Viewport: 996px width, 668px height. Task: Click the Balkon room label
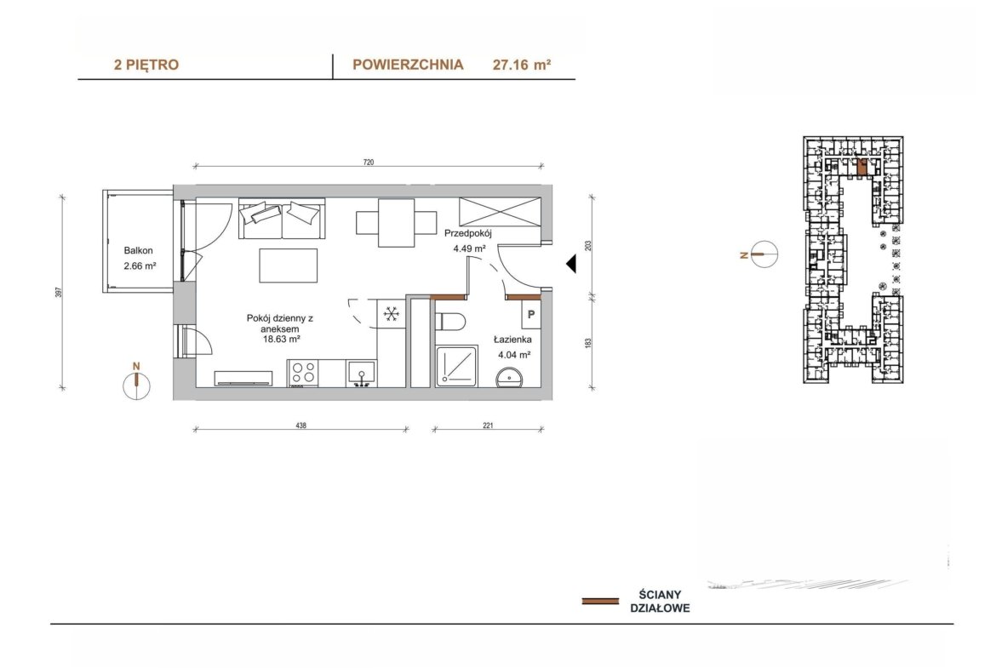tap(139, 251)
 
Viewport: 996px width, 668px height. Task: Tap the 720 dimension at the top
tap(369, 162)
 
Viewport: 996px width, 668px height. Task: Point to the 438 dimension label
tap(301, 425)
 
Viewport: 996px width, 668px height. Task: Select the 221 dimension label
tap(488, 425)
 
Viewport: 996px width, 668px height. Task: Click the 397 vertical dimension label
tap(59, 292)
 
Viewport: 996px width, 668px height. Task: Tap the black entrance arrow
tap(571, 264)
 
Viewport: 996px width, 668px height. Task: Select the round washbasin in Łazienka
tap(509, 377)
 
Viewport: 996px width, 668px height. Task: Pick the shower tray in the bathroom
tap(456, 366)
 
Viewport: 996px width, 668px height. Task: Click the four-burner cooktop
tap(304, 373)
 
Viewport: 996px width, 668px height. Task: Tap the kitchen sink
tap(361, 374)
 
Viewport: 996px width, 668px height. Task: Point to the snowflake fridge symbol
tap(392, 313)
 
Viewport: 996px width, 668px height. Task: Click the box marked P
tap(531, 314)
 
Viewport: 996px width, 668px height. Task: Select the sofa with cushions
tap(282, 219)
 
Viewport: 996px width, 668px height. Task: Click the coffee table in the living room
tap(289, 265)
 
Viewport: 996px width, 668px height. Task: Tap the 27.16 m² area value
tap(522, 65)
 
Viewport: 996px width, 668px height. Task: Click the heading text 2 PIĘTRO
tap(146, 65)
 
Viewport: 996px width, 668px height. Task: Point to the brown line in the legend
tap(600, 601)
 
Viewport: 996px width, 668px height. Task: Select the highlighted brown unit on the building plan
tap(862, 167)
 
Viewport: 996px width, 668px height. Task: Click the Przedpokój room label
tap(468, 233)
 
